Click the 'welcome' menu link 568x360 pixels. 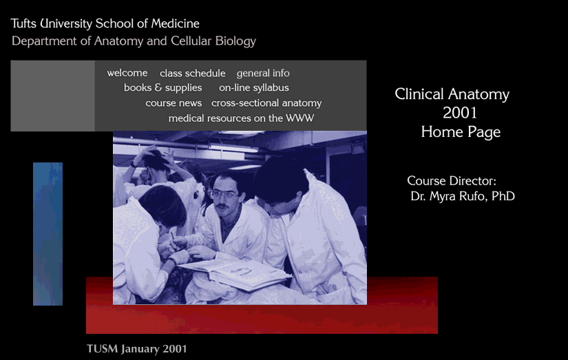(127, 73)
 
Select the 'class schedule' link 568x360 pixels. (192, 74)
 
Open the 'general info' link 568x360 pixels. (263, 74)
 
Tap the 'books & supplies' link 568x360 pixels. (163, 88)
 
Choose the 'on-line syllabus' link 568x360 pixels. (254, 88)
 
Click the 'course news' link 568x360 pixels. (173, 103)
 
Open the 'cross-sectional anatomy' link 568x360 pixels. (266, 103)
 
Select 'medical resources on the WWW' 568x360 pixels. (241, 118)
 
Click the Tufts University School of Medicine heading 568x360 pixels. (105, 24)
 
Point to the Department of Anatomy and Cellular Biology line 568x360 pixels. (134, 41)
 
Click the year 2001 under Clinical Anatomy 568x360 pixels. (460, 114)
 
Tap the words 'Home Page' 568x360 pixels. (461, 132)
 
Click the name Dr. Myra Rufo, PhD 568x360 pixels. (462, 197)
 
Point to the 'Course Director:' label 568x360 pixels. (452, 181)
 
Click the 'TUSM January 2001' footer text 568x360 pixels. (136, 349)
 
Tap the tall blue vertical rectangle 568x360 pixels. (48, 234)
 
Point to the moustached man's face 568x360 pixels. (224, 194)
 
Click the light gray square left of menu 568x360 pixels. (52, 96)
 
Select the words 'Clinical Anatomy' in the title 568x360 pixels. (452, 95)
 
